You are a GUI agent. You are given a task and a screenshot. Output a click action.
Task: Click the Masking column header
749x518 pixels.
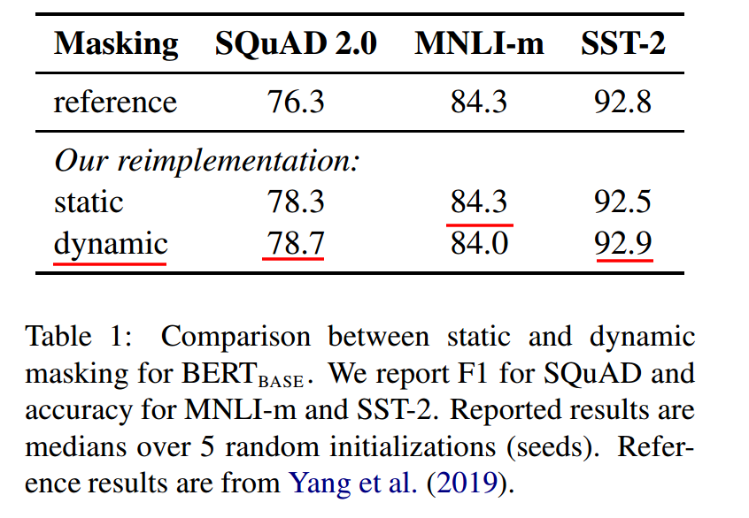[115, 44]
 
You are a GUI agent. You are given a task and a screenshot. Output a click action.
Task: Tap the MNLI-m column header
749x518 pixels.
[479, 44]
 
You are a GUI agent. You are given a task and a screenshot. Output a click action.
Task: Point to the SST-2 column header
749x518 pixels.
[622, 44]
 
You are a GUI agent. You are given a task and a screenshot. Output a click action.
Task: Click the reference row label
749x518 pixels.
[115, 102]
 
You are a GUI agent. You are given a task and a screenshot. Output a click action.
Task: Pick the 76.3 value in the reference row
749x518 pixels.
[296, 102]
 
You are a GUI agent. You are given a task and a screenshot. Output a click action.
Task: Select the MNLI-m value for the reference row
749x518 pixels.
[479, 102]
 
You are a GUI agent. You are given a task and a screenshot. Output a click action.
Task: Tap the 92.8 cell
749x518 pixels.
[623, 102]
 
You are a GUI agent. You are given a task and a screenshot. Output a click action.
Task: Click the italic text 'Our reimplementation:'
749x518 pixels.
[206, 161]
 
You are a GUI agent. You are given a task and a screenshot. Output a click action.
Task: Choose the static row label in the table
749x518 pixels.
[89, 202]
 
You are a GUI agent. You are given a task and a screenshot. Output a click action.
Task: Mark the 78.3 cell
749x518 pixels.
[296, 202]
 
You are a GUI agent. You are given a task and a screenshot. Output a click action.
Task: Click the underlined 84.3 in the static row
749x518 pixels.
[479, 202]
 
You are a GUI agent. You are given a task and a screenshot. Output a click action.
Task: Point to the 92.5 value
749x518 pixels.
[623, 202]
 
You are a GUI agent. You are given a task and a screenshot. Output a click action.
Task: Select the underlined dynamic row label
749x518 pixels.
[110, 242]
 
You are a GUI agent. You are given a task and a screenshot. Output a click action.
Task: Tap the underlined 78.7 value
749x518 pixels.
[296, 242]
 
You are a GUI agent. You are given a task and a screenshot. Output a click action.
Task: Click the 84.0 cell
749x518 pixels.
[479, 242]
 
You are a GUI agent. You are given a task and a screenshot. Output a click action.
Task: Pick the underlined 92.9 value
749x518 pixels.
[623, 242]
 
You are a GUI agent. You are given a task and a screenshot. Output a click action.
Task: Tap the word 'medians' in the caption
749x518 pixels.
[73, 447]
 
